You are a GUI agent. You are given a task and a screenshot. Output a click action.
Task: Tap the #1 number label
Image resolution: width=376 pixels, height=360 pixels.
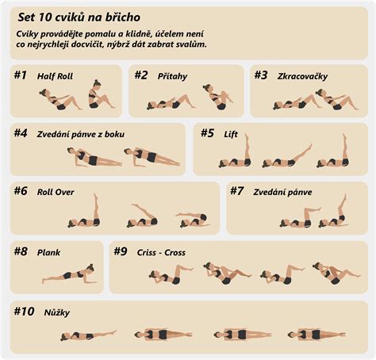tap(21, 75)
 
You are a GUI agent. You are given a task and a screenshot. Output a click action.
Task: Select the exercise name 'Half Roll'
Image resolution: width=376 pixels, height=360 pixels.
tap(56, 76)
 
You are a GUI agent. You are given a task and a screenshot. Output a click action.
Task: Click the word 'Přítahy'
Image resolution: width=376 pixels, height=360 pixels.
tap(173, 76)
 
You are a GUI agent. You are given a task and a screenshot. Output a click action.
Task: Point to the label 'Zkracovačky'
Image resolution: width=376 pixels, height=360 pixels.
tap(302, 76)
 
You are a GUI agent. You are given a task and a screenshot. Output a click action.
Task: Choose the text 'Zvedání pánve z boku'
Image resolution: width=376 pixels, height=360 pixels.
tap(81, 134)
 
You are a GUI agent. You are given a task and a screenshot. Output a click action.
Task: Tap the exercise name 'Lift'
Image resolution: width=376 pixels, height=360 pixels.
tap(232, 134)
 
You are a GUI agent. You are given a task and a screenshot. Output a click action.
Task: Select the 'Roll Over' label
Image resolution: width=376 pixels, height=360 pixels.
tap(55, 191)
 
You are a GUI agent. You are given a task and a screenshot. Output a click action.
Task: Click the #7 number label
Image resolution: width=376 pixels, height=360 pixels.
tap(237, 191)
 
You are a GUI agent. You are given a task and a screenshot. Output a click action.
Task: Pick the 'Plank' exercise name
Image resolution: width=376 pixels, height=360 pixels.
tap(48, 252)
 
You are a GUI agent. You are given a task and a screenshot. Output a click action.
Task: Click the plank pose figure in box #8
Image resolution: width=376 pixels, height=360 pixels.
tap(68, 274)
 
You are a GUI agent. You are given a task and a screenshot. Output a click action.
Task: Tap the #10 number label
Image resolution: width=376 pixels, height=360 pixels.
tap(24, 312)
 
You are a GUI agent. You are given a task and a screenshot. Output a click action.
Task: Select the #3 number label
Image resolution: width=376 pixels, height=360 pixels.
tap(261, 75)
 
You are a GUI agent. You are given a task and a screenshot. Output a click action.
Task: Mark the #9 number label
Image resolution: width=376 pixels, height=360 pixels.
tap(120, 251)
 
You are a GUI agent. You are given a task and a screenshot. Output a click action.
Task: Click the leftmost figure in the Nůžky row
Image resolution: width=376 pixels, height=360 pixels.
tap(88, 335)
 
